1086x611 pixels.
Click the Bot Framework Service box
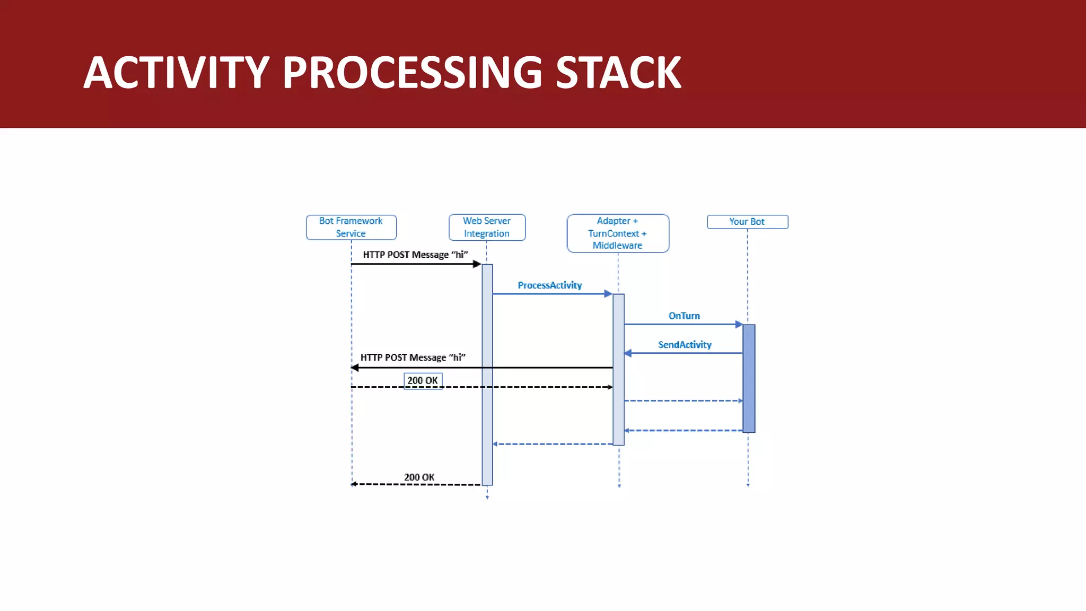tap(351, 227)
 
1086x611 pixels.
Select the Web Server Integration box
tap(487, 227)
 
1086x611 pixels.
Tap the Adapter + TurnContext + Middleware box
tap(618, 233)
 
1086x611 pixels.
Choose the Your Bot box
tap(747, 222)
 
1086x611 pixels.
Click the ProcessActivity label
tap(550, 285)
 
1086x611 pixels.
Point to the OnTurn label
tap(684, 316)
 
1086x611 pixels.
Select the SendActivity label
tap(685, 345)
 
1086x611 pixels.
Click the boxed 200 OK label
tap(423, 381)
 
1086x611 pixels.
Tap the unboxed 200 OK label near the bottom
tap(419, 477)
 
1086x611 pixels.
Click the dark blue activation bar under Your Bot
tap(749, 378)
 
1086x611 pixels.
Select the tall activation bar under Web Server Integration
tap(487, 374)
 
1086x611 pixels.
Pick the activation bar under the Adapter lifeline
tap(618, 370)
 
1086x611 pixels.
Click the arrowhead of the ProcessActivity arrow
tap(608, 293)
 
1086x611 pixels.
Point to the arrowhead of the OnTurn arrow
tap(739, 324)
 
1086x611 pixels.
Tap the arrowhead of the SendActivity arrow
tap(628, 353)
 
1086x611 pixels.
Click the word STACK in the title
tap(618, 73)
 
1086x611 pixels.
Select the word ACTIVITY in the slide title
tap(177, 73)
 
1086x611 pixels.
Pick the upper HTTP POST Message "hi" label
tap(415, 255)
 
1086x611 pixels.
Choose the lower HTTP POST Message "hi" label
tap(413, 358)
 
